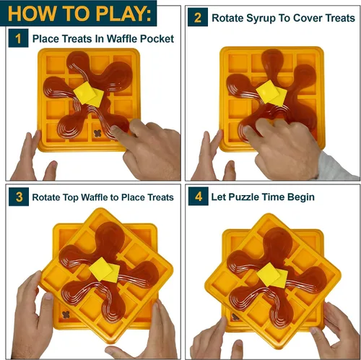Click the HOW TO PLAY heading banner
[x=78, y=13]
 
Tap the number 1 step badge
[x=18, y=38]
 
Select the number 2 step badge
[x=198, y=17]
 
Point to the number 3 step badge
[x=19, y=197]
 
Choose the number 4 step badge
[x=199, y=197]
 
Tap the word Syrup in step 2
[x=260, y=19]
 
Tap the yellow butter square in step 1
[x=89, y=94]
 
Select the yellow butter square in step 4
[x=272, y=275]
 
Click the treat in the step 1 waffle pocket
[x=97, y=133]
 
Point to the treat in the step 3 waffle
[x=66, y=314]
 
